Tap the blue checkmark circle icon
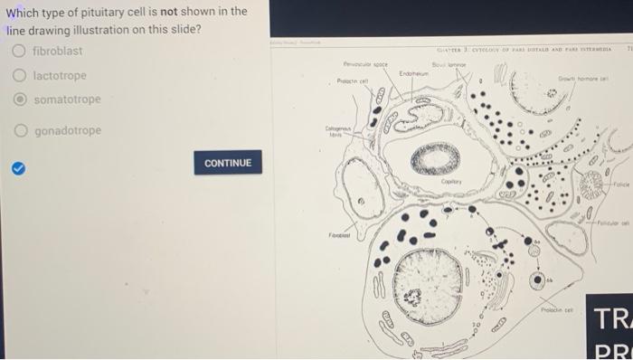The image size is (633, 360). click(17, 166)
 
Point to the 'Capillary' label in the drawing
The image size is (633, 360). click(452, 182)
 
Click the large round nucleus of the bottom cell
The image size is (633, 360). click(428, 279)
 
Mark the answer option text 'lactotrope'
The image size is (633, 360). click(60, 75)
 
